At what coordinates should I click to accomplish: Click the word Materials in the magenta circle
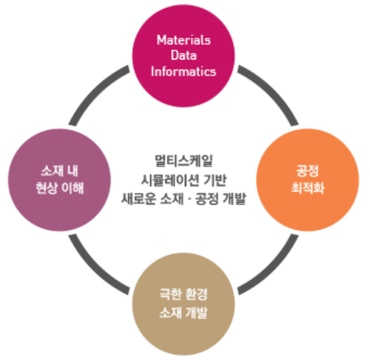pos(183,40)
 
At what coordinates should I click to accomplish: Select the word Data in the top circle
pos(183,55)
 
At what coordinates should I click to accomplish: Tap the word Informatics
pos(183,71)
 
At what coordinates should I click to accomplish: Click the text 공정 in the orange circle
pos(308,171)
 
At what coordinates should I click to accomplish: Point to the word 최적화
pos(308,188)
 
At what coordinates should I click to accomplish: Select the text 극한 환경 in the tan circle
pos(183,294)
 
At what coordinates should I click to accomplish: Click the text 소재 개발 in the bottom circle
pos(183,313)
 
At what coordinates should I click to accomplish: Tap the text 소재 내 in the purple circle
pos(59,171)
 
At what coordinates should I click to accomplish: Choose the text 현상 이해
pos(59,188)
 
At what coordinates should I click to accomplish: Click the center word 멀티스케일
pos(183,161)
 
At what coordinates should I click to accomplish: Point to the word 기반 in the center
pos(215,180)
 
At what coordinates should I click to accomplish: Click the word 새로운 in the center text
pos(139,198)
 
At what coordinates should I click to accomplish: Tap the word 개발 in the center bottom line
pos(235,198)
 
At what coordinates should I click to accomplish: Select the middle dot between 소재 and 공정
pos(189,199)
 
